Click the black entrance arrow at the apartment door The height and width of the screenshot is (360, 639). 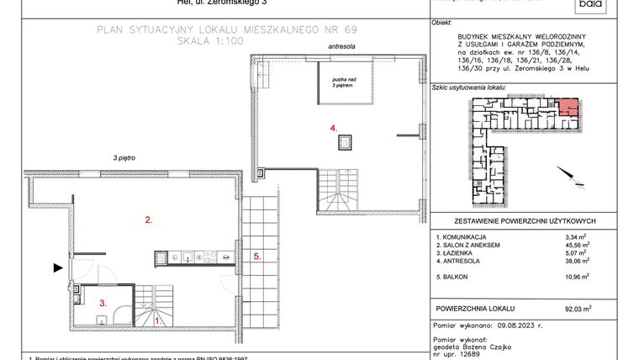(x=57, y=267)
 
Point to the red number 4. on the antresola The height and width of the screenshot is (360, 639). (x=334, y=128)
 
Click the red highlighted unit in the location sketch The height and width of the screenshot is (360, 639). (x=568, y=108)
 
